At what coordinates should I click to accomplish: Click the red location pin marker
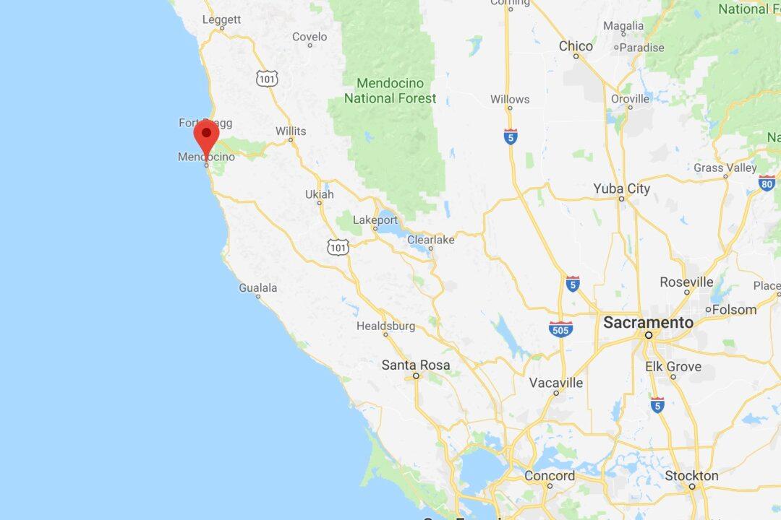(206, 136)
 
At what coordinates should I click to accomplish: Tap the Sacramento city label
(648, 323)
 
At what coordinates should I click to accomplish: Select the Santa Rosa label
(415, 365)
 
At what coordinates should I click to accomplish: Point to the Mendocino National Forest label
(390, 90)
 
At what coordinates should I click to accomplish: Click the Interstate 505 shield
(561, 329)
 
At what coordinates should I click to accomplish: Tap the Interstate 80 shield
(767, 182)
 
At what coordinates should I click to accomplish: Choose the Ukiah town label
(319, 194)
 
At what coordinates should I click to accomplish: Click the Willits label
(290, 131)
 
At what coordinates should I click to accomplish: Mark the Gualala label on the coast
(257, 287)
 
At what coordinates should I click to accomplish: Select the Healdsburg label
(385, 326)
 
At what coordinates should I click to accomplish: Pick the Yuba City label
(621, 188)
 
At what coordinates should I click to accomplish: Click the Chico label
(576, 46)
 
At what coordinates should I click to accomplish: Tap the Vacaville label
(555, 383)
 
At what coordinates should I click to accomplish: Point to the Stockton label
(691, 476)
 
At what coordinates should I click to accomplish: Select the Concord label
(550, 476)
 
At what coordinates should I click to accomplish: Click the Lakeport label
(375, 220)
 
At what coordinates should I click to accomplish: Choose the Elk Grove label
(673, 366)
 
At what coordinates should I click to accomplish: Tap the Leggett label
(221, 19)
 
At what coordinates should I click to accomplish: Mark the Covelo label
(310, 37)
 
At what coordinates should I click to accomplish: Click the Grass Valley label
(725, 168)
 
